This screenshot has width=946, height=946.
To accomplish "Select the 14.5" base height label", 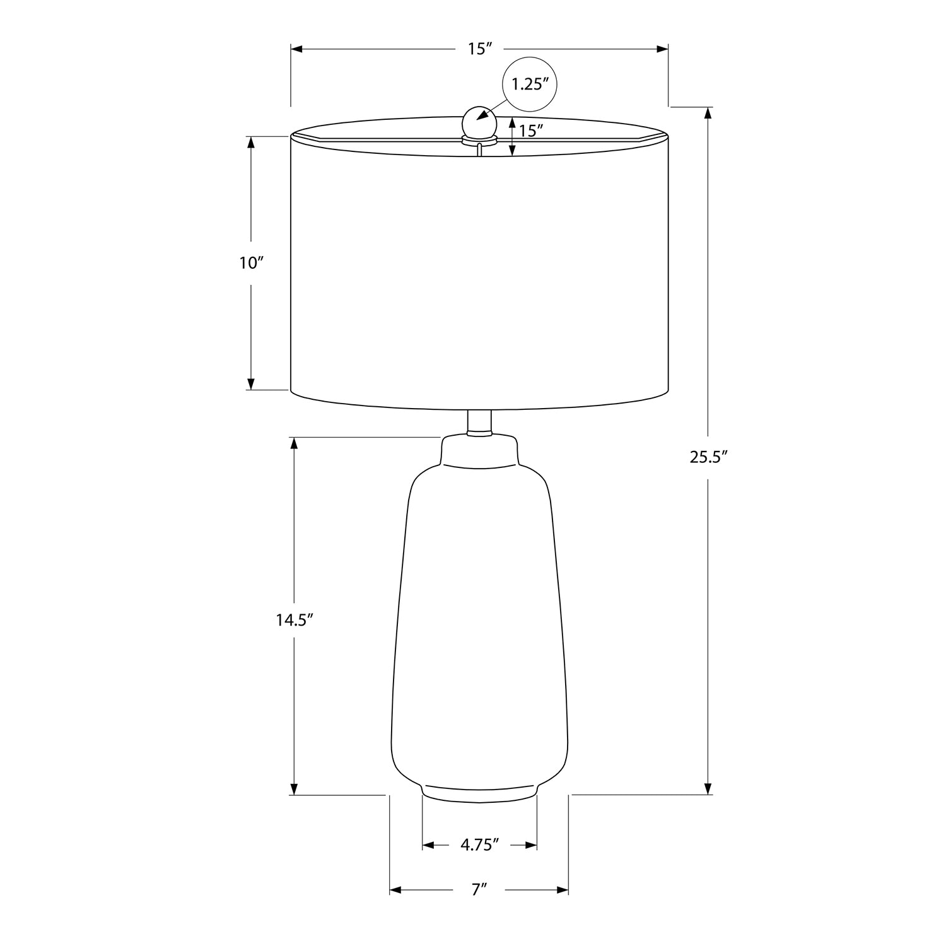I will point(295,619).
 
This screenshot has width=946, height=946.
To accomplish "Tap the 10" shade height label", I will point(250,264).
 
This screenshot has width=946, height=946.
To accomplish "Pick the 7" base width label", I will point(480,890).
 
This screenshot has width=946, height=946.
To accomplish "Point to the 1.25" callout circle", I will point(530,85).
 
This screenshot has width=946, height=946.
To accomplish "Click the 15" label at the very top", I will point(480,49).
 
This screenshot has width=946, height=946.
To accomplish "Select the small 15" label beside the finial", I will point(531,131).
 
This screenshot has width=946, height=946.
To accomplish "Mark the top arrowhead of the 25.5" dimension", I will point(708,113).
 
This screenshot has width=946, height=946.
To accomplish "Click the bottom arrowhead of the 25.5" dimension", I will point(708,788).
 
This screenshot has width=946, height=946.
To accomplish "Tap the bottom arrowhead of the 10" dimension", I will point(250,383).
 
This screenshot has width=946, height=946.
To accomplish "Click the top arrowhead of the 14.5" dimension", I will point(294,442).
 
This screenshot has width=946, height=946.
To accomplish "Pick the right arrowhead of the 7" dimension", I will point(563,890).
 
